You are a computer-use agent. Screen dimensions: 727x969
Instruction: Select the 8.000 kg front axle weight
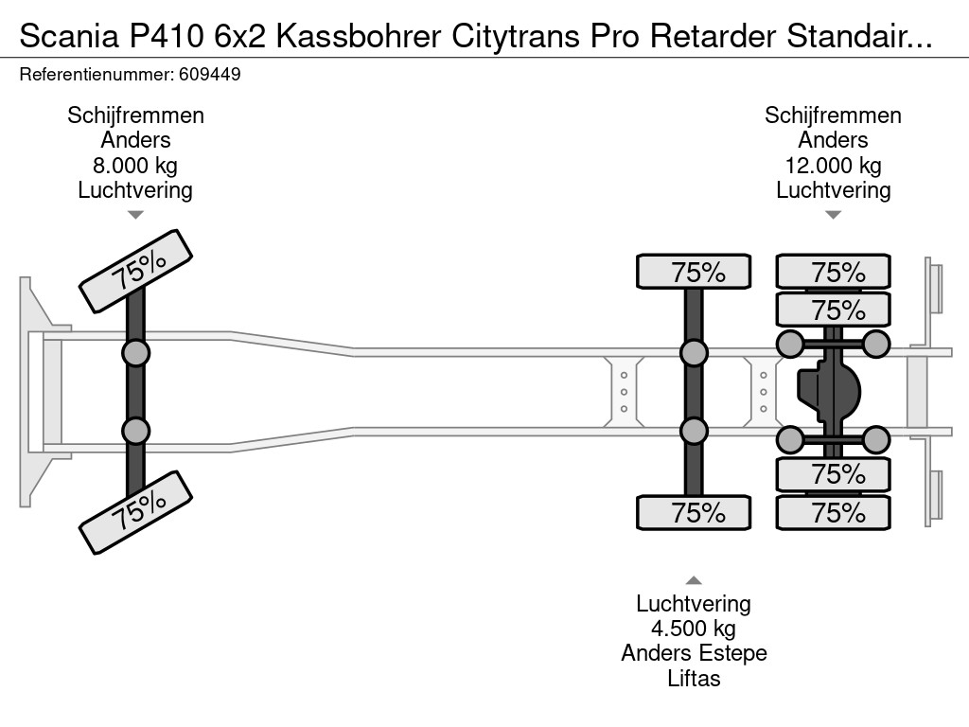pyautogui.click(x=135, y=166)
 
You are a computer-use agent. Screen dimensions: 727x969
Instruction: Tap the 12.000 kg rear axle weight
pyautogui.click(x=833, y=166)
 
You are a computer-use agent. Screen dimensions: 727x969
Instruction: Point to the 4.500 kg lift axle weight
pyautogui.click(x=694, y=629)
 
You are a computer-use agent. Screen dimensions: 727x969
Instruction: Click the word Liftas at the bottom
pyautogui.click(x=694, y=678)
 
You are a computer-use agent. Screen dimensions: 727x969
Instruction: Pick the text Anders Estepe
pyautogui.click(x=694, y=653)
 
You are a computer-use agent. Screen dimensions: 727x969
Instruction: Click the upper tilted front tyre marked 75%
pyautogui.click(x=136, y=271)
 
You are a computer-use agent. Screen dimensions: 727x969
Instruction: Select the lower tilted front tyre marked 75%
pyautogui.click(x=136, y=512)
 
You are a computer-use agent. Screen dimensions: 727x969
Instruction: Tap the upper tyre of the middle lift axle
pyautogui.click(x=694, y=273)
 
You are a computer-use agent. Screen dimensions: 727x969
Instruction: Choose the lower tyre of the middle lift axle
pyautogui.click(x=694, y=513)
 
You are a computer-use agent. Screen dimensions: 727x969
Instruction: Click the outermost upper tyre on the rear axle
pyautogui.click(x=834, y=273)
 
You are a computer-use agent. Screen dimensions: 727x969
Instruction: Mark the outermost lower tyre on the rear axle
pyautogui.click(x=834, y=513)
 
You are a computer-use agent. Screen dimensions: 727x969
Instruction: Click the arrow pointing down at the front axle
pyautogui.click(x=135, y=215)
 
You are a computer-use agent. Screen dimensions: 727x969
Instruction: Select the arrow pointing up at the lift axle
pyautogui.click(x=694, y=580)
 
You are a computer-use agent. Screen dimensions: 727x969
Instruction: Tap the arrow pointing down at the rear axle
pyautogui.click(x=833, y=215)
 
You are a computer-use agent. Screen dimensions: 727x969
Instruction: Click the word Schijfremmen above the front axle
pyautogui.click(x=135, y=115)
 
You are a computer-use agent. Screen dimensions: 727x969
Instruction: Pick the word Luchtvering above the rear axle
pyautogui.click(x=833, y=190)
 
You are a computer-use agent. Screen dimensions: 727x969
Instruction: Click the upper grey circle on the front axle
pyautogui.click(x=135, y=353)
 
